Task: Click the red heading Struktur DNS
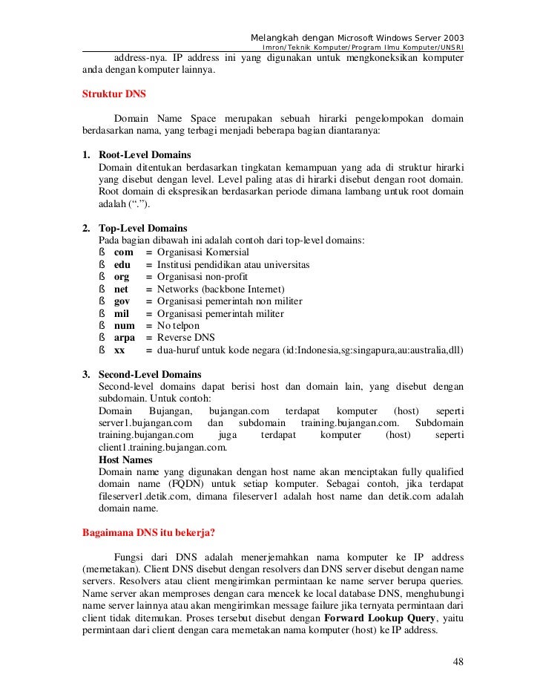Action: click(x=113, y=94)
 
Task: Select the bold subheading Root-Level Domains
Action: click(x=145, y=155)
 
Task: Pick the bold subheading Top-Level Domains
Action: click(x=142, y=228)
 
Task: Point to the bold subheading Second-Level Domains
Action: click(x=149, y=374)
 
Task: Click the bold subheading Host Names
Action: click(x=125, y=459)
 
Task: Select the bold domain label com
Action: click(x=123, y=252)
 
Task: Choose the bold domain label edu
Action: click(x=122, y=264)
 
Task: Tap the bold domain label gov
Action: click(x=122, y=301)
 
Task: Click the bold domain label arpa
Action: click(x=125, y=338)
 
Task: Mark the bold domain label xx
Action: click(x=119, y=350)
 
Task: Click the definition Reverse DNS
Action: click(x=186, y=338)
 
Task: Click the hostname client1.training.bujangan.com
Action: click(x=162, y=448)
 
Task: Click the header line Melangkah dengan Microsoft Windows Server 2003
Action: click(x=358, y=38)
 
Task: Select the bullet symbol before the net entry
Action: click(x=101, y=289)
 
